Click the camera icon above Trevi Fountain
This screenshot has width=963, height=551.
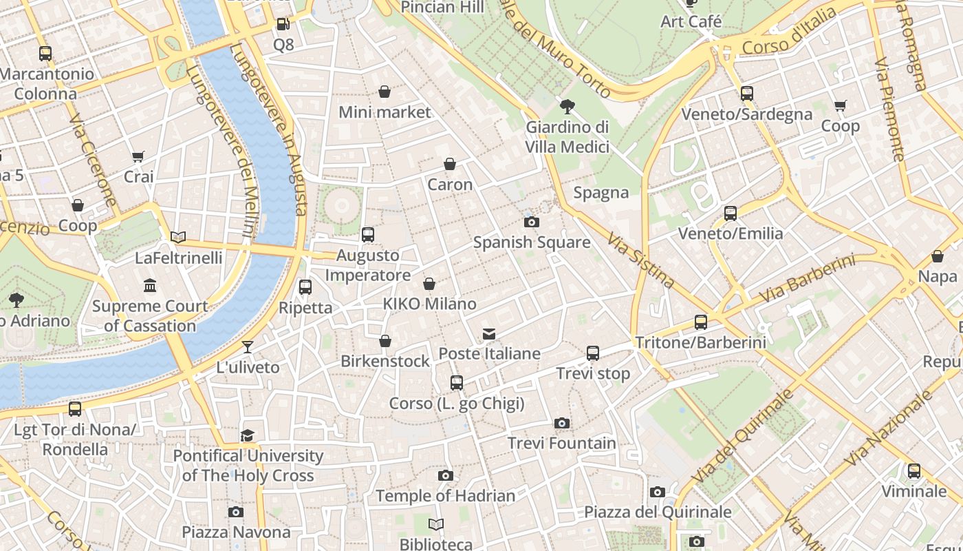pos(562,423)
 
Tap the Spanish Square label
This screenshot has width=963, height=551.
pos(532,242)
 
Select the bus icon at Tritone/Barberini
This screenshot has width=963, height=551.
pos(700,322)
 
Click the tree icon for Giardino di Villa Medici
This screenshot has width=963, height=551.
pos(567,106)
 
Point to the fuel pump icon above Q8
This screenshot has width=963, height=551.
pos(283,25)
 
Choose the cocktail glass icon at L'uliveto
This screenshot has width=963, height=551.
pos(248,346)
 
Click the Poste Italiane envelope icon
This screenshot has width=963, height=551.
pos(489,334)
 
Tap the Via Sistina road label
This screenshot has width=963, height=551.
pos(640,259)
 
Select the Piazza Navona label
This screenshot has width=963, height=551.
pos(236,532)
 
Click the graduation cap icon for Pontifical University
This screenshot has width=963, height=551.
pos(248,435)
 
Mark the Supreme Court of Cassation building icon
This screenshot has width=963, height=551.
pos(149,285)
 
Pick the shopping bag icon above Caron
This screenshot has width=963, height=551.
pos(450,164)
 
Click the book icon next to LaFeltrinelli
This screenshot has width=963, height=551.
pos(178,237)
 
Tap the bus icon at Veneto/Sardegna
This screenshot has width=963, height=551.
pos(747,93)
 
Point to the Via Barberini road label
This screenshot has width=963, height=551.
pos(808,278)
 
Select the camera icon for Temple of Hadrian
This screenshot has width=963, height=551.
pos(446,475)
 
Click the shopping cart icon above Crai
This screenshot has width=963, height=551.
pos(138,156)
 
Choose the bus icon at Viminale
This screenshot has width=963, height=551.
pos(913,471)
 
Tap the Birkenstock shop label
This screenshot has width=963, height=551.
pos(385,361)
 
